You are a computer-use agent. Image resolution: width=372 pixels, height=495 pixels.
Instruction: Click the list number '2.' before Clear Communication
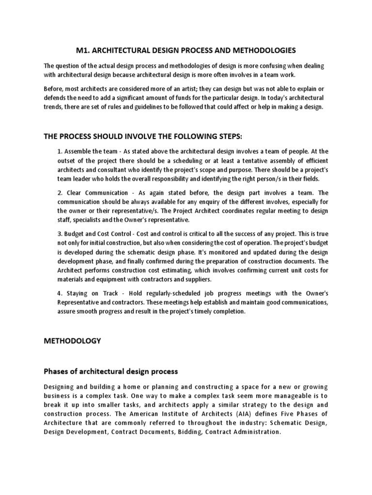[60, 193]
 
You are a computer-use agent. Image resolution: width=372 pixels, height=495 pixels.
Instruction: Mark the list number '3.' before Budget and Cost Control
[60, 234]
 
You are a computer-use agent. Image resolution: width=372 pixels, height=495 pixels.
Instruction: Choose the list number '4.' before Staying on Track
[60, 294]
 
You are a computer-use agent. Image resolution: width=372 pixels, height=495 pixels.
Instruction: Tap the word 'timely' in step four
[198, 312]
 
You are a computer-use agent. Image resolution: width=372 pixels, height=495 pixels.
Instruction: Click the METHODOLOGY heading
[73, 341]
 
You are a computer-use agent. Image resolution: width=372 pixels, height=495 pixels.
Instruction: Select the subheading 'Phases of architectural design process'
[111, 372]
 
